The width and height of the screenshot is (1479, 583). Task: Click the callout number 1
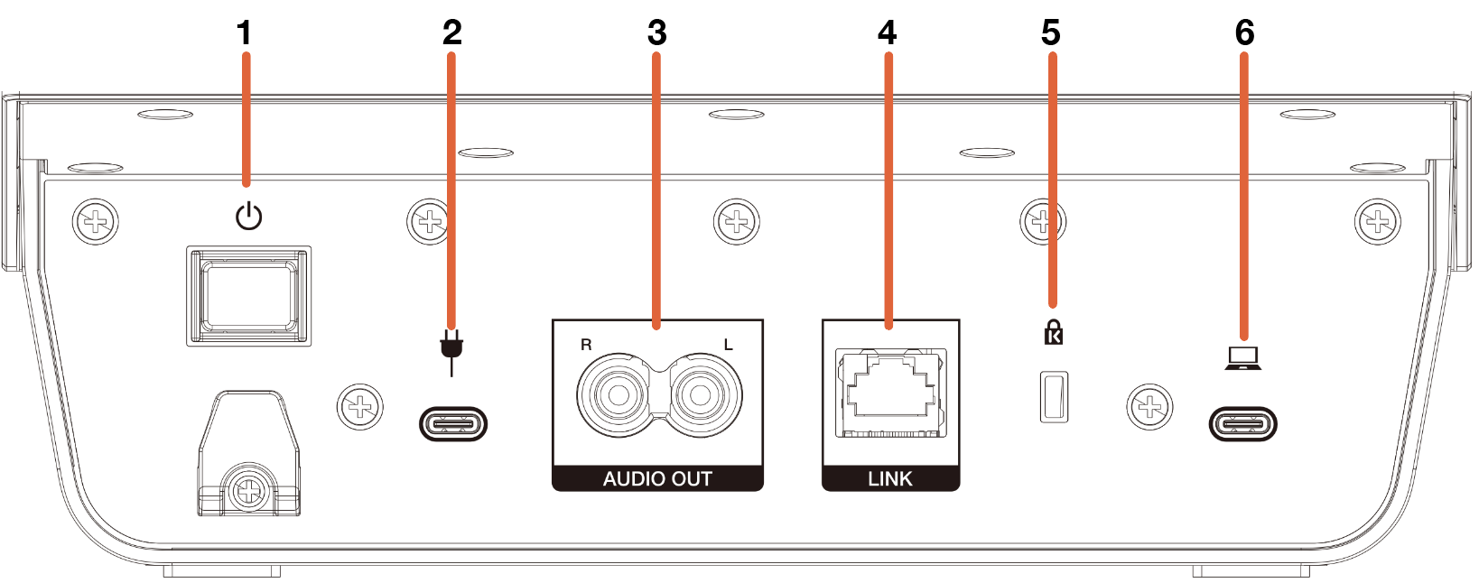click(245, 33)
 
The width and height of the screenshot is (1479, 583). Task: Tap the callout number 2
click(452, 33)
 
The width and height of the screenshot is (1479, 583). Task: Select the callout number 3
click(657, 33)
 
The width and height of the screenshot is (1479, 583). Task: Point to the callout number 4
click(888, 33)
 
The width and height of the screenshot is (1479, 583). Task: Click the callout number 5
click(1051, 33)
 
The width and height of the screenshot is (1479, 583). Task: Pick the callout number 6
click(1244, 33)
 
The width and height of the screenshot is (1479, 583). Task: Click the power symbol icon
click(249, 217)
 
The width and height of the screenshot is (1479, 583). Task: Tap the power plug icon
click(451, 353)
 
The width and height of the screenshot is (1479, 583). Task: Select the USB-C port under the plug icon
click(453, 424)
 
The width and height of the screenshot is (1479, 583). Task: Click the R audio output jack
click(618, 395)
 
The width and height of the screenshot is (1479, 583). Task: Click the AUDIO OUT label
click(657, 478)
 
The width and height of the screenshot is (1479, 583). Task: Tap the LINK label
click(890, 478)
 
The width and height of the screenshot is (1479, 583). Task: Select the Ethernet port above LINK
click(890, 393)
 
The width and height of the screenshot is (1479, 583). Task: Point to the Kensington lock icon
click(1054, 332)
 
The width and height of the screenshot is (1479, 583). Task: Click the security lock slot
click(1054, 397)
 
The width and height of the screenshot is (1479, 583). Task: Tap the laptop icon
click(1243, 358)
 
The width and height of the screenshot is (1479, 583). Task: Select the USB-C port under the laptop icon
click(1243, 424)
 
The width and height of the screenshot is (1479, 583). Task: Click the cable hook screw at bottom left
click(249, 492)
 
